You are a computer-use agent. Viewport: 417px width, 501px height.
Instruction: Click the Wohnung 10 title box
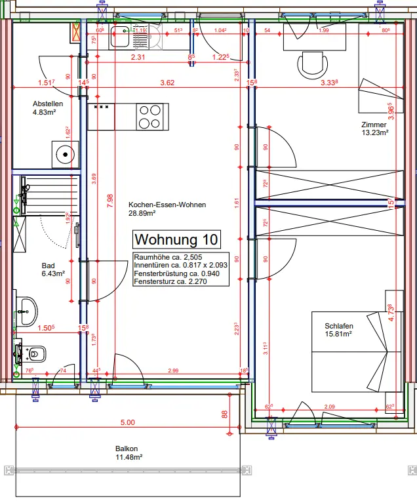pos(176,238)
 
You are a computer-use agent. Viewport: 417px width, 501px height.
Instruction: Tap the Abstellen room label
pos(48,104)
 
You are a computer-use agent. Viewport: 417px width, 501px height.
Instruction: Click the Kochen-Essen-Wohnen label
pos(167,205)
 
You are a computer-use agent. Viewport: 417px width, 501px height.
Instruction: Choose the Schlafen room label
pos(338,326)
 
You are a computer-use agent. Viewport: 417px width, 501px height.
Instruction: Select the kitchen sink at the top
pos(121,38)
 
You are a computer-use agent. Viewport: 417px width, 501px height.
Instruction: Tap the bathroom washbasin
pos(27,308)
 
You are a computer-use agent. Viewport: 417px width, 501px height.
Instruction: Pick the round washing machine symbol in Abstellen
pos(64,155)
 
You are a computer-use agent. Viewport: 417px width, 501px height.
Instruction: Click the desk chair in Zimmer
pos(312,65)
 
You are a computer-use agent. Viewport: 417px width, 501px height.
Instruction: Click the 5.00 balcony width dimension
pos(127,423)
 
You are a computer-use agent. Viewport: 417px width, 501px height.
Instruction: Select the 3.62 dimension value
pos(167,83)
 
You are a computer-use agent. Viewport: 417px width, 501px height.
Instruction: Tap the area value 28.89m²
pos(142,213)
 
